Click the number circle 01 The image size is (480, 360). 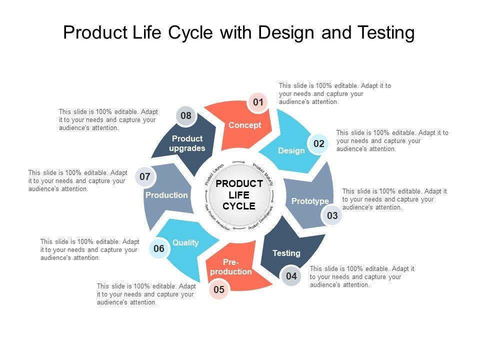click(258, 102)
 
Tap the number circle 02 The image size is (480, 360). click(319, 144)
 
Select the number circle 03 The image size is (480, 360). click(332, 216)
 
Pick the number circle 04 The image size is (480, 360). click(291, 276)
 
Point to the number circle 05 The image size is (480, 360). click(219, 289)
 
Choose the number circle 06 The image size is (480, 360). click(159, 248)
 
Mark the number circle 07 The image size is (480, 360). click(145, 176)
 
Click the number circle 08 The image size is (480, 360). click(186, 116)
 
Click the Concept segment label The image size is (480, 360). click(245, 125)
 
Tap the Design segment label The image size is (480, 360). click(291, 150)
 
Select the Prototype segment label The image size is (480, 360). click(310, 201)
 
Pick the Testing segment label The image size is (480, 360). click(286, 253)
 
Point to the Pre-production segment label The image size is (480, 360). click(231, 267)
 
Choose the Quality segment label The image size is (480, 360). click(185, 242)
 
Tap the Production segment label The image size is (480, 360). click(166, 195)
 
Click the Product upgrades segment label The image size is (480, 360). click(187, 143)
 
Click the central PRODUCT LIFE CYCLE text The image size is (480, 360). click(239, 195)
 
